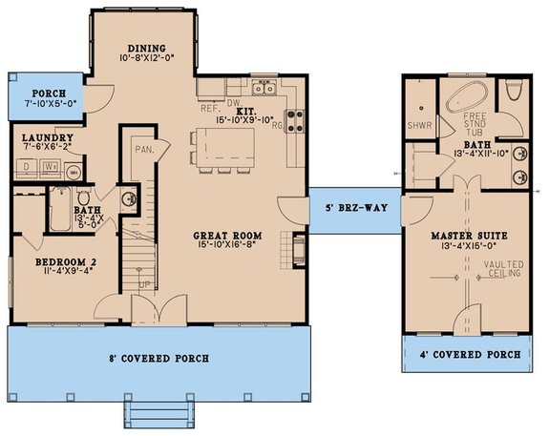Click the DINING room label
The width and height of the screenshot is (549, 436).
(x=146, y=49)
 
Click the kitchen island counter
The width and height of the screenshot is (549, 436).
(x=226, y=146)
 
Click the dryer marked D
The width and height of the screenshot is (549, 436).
(x=25, y=168)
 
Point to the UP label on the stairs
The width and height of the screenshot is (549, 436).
(x=144, y=285)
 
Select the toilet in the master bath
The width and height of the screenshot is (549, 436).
(x=516, y=91)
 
